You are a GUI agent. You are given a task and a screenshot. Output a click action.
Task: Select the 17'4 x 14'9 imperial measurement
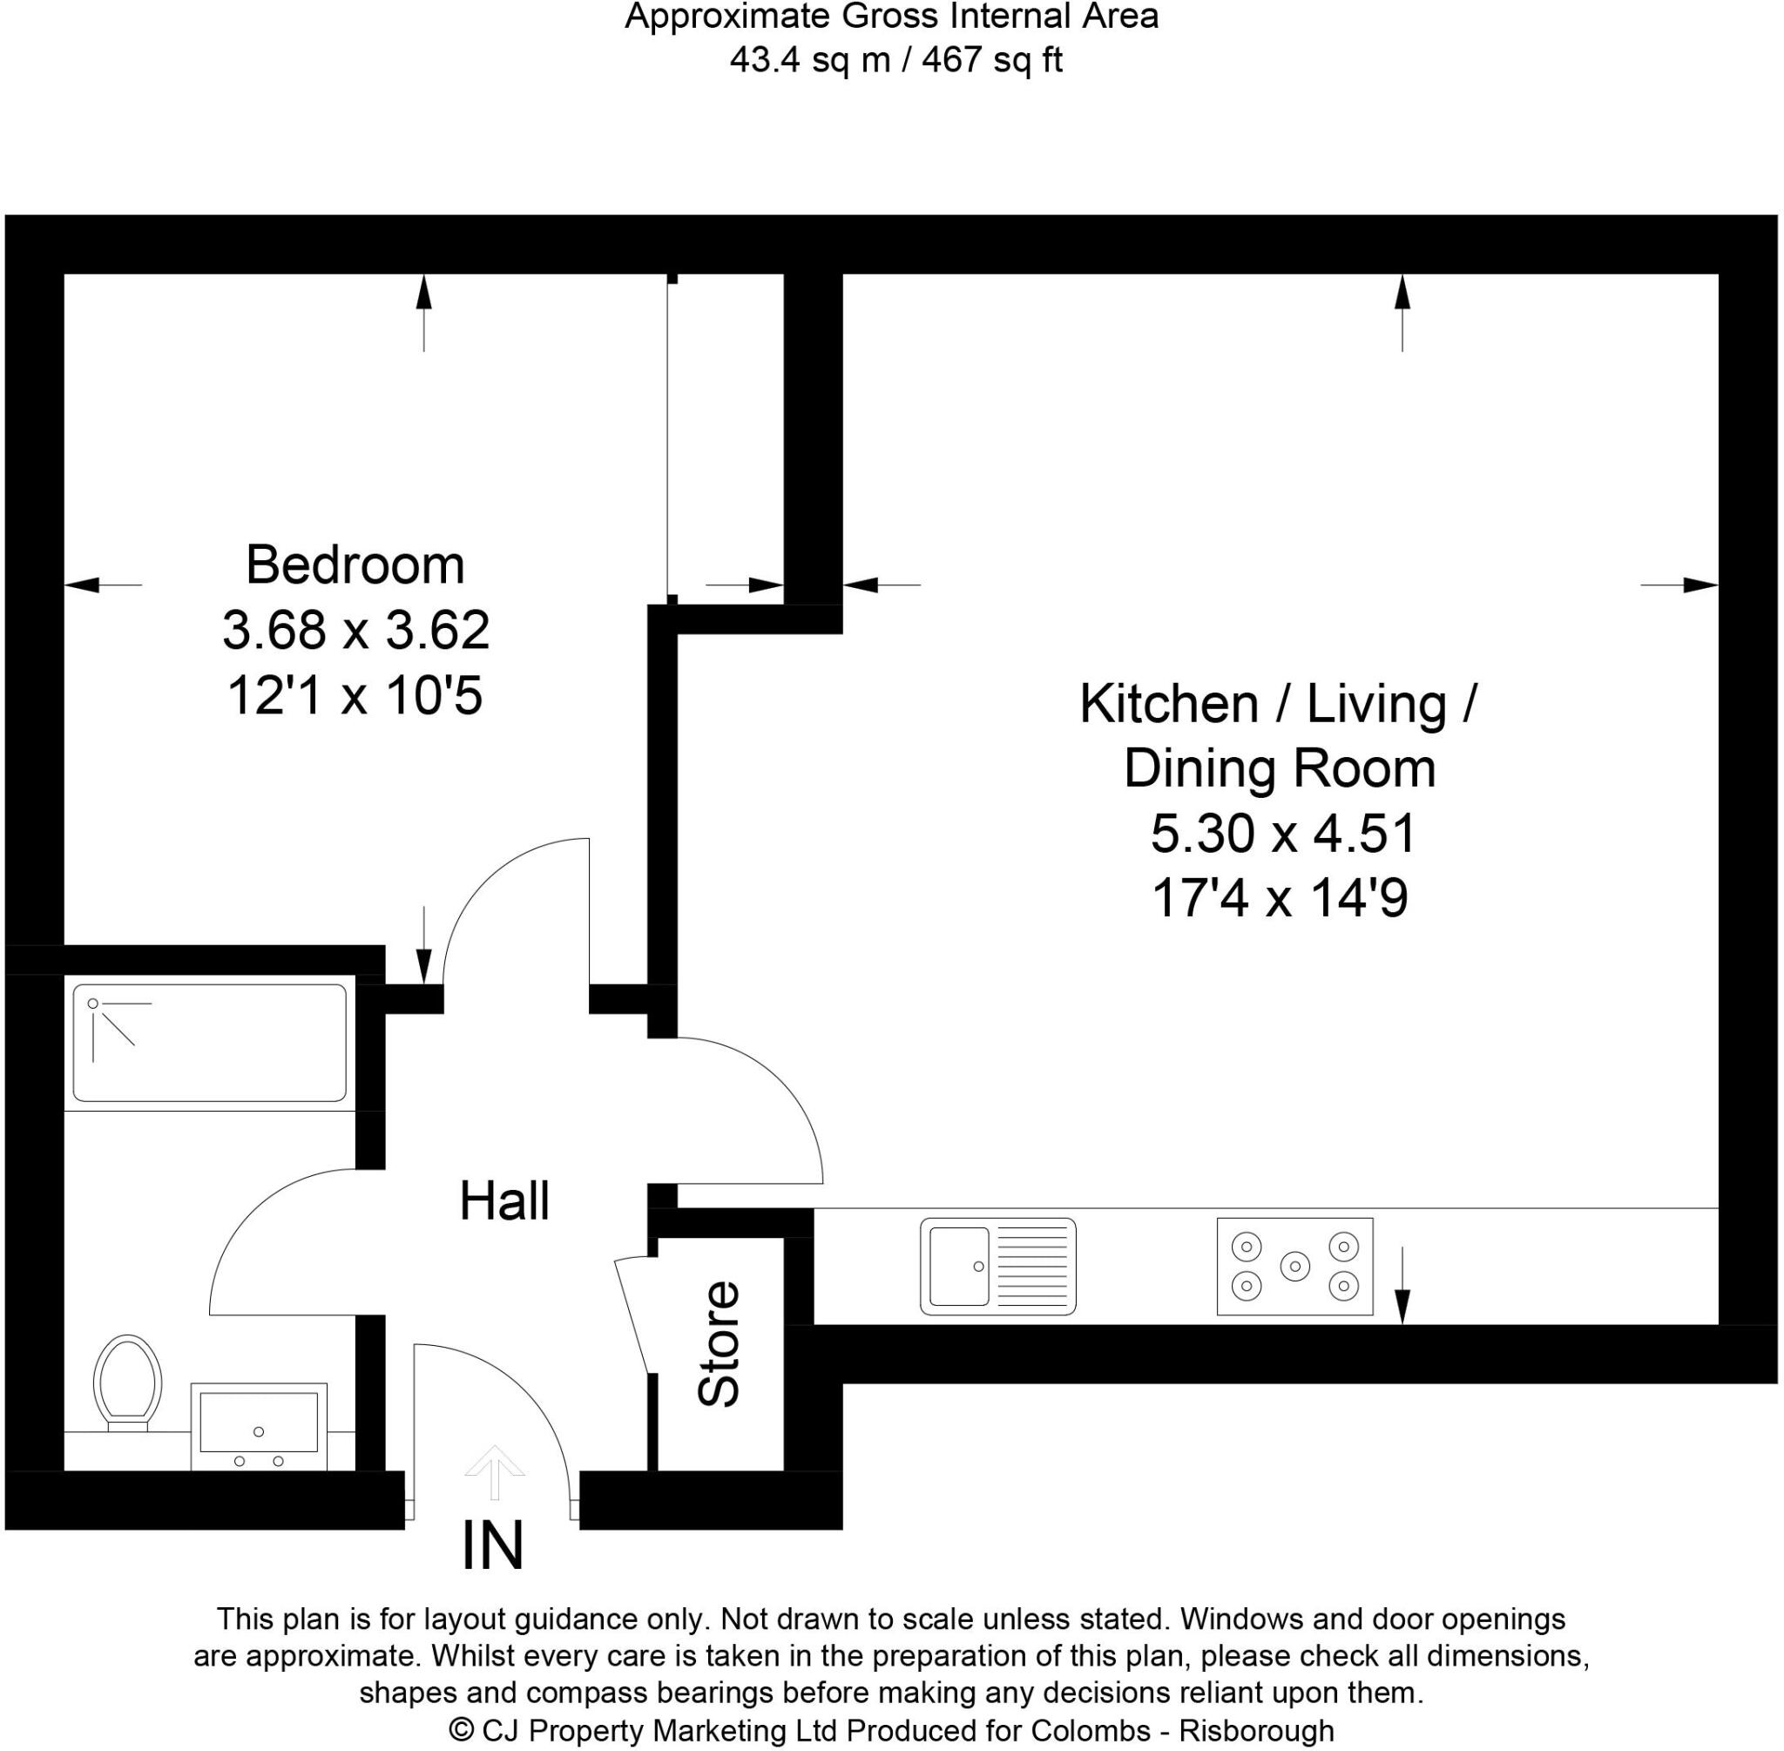[1279, 897]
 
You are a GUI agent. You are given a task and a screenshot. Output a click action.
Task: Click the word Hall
[504, 1201]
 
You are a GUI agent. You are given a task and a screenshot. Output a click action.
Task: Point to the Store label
[718, 1343]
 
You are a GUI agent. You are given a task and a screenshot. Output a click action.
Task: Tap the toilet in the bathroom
[128, 1383]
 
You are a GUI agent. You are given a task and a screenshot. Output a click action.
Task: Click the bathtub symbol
[210, 1043]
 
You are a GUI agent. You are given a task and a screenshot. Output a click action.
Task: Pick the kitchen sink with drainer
[997, 1267]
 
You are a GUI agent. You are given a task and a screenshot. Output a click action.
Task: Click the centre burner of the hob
[1294, 1267]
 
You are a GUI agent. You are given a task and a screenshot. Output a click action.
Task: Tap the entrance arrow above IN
[494, 1470]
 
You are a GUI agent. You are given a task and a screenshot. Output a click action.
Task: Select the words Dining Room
[1279, 769]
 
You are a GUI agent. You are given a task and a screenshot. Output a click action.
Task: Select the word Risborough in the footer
[1256, 1730]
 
